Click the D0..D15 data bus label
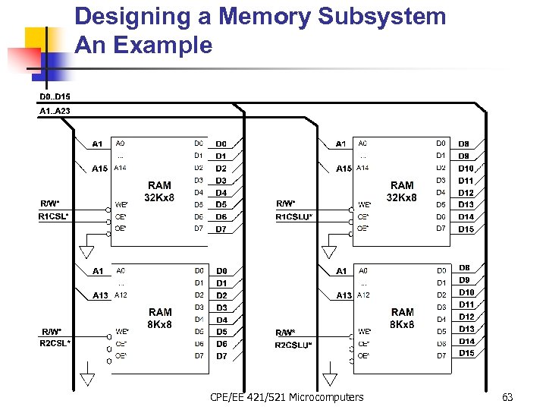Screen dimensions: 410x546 tap(55, 97)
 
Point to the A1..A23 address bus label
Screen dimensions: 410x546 tap(55, 112)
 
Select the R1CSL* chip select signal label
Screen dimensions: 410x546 tap(54, 216)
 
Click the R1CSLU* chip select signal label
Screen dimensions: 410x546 tap(293, 217)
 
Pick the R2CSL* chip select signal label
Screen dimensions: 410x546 tap(55, 343)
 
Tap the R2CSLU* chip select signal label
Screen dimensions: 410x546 tap(293, 344)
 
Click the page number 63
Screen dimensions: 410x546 tap(507, 397)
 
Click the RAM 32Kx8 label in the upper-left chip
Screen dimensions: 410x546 tap(160, 191)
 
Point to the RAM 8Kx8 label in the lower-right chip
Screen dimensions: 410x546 tap(402, 318)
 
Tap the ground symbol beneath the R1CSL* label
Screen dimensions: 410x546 tap(87, 250)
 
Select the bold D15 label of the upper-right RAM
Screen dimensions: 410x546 tap(466, 229)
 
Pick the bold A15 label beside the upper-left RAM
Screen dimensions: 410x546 tap(99, 169)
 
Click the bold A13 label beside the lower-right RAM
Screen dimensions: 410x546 tap(344, 295)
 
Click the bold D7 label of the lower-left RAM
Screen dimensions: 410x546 tap(221, 355)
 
